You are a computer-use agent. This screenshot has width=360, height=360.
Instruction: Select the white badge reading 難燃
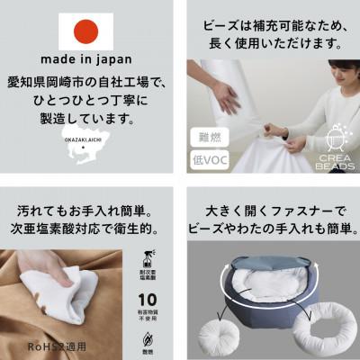point(209,138)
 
